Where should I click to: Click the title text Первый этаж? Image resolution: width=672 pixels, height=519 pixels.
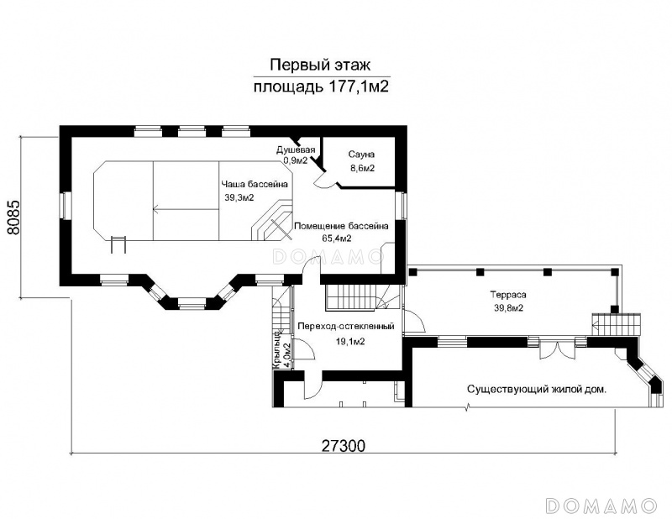click(320, 66)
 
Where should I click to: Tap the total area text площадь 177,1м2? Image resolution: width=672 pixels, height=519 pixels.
click(321, 86)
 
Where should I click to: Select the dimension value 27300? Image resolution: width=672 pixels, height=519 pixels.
click(343, 446)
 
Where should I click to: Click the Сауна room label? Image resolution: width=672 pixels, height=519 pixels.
click(361, 155)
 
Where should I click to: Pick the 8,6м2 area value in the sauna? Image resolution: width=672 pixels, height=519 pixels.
click(363, 168)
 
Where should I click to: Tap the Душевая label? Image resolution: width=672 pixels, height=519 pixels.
click(296, 150)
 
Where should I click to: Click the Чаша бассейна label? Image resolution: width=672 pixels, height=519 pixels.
click(255, 184)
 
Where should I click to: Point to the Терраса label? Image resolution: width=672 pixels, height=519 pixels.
click(508, 295)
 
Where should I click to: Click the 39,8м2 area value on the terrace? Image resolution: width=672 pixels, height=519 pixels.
click(508, 307)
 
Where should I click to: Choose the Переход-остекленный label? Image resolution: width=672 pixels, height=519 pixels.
click(346, 327)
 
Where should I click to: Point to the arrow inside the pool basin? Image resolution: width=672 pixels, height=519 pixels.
click(186, 210)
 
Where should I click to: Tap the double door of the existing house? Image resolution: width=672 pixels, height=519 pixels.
click(556, 349)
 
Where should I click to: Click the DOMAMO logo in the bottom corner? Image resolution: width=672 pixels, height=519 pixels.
click(602, 506)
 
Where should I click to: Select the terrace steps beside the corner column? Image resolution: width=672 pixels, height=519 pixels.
click(617, 325)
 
